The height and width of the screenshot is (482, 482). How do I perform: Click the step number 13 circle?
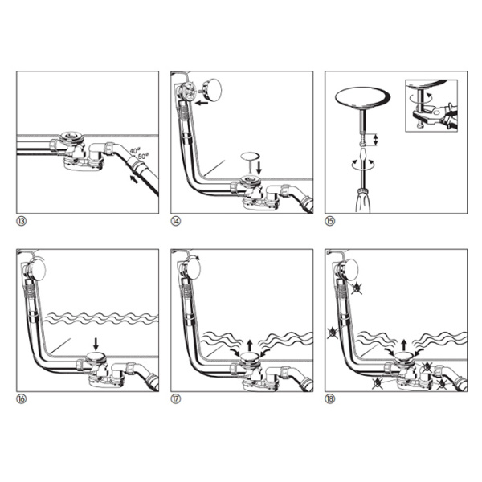click(21, 221)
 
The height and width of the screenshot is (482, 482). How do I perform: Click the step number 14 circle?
click(175, 221)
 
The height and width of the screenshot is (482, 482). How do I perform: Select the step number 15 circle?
click(330, 221)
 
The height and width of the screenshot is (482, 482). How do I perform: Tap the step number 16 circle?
click(21, 399)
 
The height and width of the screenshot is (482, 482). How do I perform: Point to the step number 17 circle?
click(175, 399)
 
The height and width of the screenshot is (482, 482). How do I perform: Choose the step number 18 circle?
click(330, 399)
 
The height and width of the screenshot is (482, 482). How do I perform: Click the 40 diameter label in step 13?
click(134, 151)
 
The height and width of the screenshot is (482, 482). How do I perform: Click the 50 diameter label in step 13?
click(143, 156)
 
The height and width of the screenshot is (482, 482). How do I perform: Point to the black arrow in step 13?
click(133, 179)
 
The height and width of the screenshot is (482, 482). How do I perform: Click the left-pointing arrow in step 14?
click(202, 103)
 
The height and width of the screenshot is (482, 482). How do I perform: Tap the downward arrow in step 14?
click(259, 168)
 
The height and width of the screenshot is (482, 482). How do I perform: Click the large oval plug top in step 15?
click(363, 98)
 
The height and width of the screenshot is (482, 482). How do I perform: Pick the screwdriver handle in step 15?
click(363, 201)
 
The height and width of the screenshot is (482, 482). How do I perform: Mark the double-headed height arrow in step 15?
click(375, 140)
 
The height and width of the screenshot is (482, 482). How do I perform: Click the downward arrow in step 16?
click(96, 344)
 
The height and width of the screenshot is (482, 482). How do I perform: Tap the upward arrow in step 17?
click(250, 345)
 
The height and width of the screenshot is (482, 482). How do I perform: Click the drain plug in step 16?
click(96, 357)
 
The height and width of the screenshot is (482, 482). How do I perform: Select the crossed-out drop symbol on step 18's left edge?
click(333, 333)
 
